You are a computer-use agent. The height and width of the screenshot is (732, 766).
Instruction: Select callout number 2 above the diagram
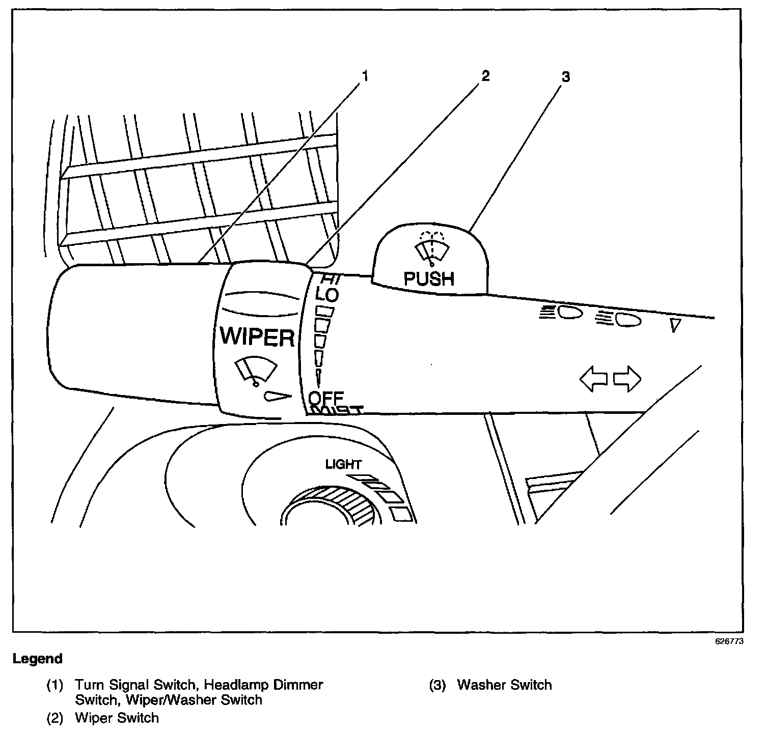484,76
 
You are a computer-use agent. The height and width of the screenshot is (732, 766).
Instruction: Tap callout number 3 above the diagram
565,77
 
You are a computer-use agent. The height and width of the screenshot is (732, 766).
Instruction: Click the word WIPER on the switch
257,336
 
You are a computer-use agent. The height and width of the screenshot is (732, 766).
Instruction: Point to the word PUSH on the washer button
428,278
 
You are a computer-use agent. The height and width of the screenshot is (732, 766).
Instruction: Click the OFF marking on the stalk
326,398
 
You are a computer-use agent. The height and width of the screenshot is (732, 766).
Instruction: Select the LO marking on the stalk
326,294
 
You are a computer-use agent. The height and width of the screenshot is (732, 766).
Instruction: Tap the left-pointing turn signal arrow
594,379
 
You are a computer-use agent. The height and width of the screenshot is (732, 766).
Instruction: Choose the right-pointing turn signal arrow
627,379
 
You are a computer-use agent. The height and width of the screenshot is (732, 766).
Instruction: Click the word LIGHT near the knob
343,464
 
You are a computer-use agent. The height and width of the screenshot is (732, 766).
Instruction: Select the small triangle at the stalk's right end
675,325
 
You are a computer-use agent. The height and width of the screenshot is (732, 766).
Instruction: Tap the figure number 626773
729,641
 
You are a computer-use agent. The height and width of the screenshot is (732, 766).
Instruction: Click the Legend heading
37,659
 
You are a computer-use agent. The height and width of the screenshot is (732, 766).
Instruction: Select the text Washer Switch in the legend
504,685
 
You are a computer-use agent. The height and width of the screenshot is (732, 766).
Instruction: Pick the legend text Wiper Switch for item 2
117,718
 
